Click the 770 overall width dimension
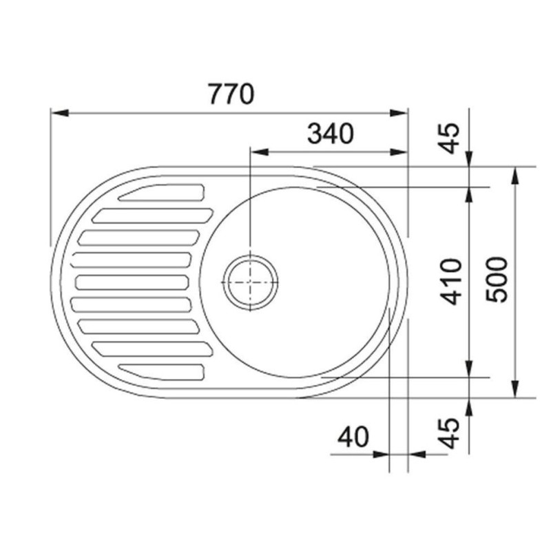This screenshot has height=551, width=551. (x=231, y=94)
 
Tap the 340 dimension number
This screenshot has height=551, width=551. (x=331, y=134)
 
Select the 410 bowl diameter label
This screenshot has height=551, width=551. (x=451, y=282)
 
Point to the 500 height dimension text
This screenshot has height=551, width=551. (x=497, y=280)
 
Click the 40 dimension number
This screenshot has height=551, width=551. (x=353, y=437)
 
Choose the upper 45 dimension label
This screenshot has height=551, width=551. (x=450, y=138)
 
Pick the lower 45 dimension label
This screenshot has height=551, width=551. (x=450, y=433)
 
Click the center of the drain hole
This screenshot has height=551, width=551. (x=250, y=282)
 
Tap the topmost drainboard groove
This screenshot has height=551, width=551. (x=161, y=193)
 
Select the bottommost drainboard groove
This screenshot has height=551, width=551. (x=161, y=372)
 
